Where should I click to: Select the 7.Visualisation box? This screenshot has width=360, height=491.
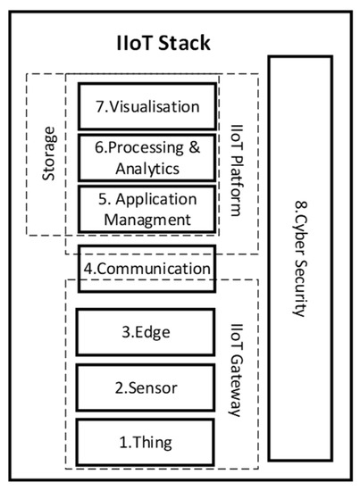pyautogui.click(x=147, y=106)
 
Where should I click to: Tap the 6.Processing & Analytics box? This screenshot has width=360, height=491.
pyautogui.click(x=147, y=158)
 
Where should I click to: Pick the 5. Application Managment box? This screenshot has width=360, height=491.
pyautogui.click(x=147, y=208)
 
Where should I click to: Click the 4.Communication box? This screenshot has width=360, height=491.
pyautogui.click(x=147, y=268)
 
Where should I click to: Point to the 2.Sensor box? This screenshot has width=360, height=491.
pyautogui.click(x=147, y=388)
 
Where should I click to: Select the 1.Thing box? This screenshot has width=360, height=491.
pyautogui.click(x=147, y=441)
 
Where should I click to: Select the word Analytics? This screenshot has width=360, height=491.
pyautogui.click(x=147, y=168)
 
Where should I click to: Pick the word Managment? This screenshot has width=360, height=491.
pyautogui.click(x=147, y=218)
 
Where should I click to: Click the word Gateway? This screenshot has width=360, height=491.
pyautogui.click(x=237, y=389)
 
